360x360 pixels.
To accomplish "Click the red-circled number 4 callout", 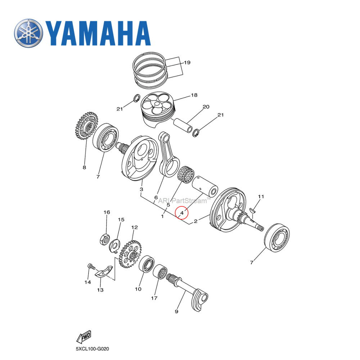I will (x=182, y=213).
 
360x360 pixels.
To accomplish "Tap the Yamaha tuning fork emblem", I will (x=28, y=33).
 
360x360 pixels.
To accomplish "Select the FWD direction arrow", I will (x=84, y=337).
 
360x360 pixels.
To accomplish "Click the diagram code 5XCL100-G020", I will (x=92, y=349).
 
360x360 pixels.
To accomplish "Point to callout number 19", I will (x=187, y=63).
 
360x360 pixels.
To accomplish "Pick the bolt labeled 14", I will (x=91, y=267).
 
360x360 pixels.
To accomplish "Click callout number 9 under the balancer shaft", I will (x=176, y=311).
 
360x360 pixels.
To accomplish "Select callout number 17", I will (x=154, y=298).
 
